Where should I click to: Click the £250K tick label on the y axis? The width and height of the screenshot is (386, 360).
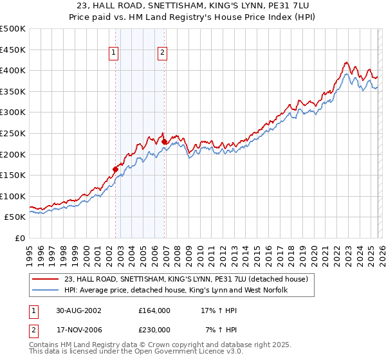[x=13, y=134]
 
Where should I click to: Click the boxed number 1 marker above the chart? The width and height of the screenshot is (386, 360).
[x=114, y=53]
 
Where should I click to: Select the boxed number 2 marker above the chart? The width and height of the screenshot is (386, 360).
[x=162, y=53]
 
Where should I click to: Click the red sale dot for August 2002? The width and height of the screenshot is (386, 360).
[x=116, y=169]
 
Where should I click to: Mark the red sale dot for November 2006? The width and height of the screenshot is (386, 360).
[x=164, y=141]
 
